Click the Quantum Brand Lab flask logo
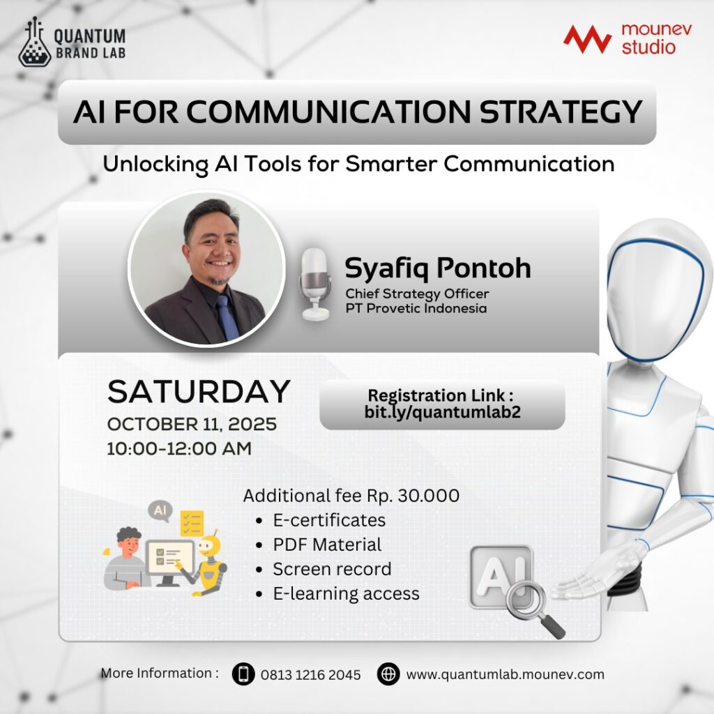[35, 43]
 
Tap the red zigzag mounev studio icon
[587, 39]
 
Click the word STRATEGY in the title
[561, 112]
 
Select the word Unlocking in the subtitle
[155, 165]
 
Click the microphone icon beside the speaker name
[314, 284]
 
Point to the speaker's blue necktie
[227, 317]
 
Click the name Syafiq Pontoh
[438, 268]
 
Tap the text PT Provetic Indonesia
[416, 308]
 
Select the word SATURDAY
[199, 392]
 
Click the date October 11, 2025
[192, 425]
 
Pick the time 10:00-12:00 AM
[179, 448]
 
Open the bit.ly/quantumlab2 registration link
[442, 413]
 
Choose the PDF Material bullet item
[327, 545]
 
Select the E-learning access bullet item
[346, 594]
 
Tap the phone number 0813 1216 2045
[310, 675]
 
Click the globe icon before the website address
[388, 674]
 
